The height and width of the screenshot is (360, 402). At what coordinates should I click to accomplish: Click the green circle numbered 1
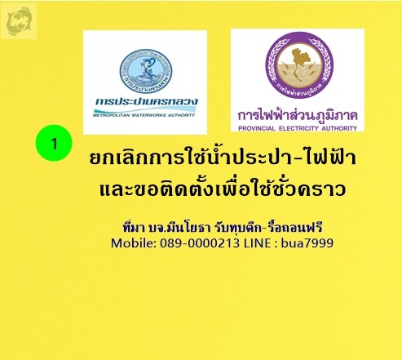pyautogui.click(x=54, y=143)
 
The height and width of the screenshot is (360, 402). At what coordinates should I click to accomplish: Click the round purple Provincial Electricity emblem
pyautogui.click(x=299, y=64)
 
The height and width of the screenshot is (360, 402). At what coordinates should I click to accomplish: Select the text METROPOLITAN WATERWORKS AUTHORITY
pyautogui.click(x=144, y=115)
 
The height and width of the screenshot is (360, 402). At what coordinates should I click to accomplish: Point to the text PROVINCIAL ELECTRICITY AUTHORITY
pyautogui.click(x=298, y=128)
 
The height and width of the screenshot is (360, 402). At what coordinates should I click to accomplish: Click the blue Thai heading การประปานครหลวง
pyautogui.click(x=147, y=102)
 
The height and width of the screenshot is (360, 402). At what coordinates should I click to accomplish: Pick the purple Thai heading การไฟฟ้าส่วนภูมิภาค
pyautogui.click(x=298, y=115)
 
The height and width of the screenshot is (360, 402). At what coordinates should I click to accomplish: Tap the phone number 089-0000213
pyautogui.click(x=200, y=242)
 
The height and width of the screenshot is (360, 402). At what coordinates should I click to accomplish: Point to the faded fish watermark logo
pyautogui.click(x=19, y=21)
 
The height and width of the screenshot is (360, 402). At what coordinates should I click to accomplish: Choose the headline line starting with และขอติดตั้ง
pyautogui.click(x=223, y=189)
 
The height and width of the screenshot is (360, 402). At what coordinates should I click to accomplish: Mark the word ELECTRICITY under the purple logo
pyautogui.click(x=298, y=128)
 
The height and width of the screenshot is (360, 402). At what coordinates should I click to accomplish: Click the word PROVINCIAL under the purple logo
pyautogui.click(x=257, y=128)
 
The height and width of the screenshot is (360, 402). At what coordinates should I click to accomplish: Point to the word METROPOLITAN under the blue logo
pyautogui.click(x=111, y=115)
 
